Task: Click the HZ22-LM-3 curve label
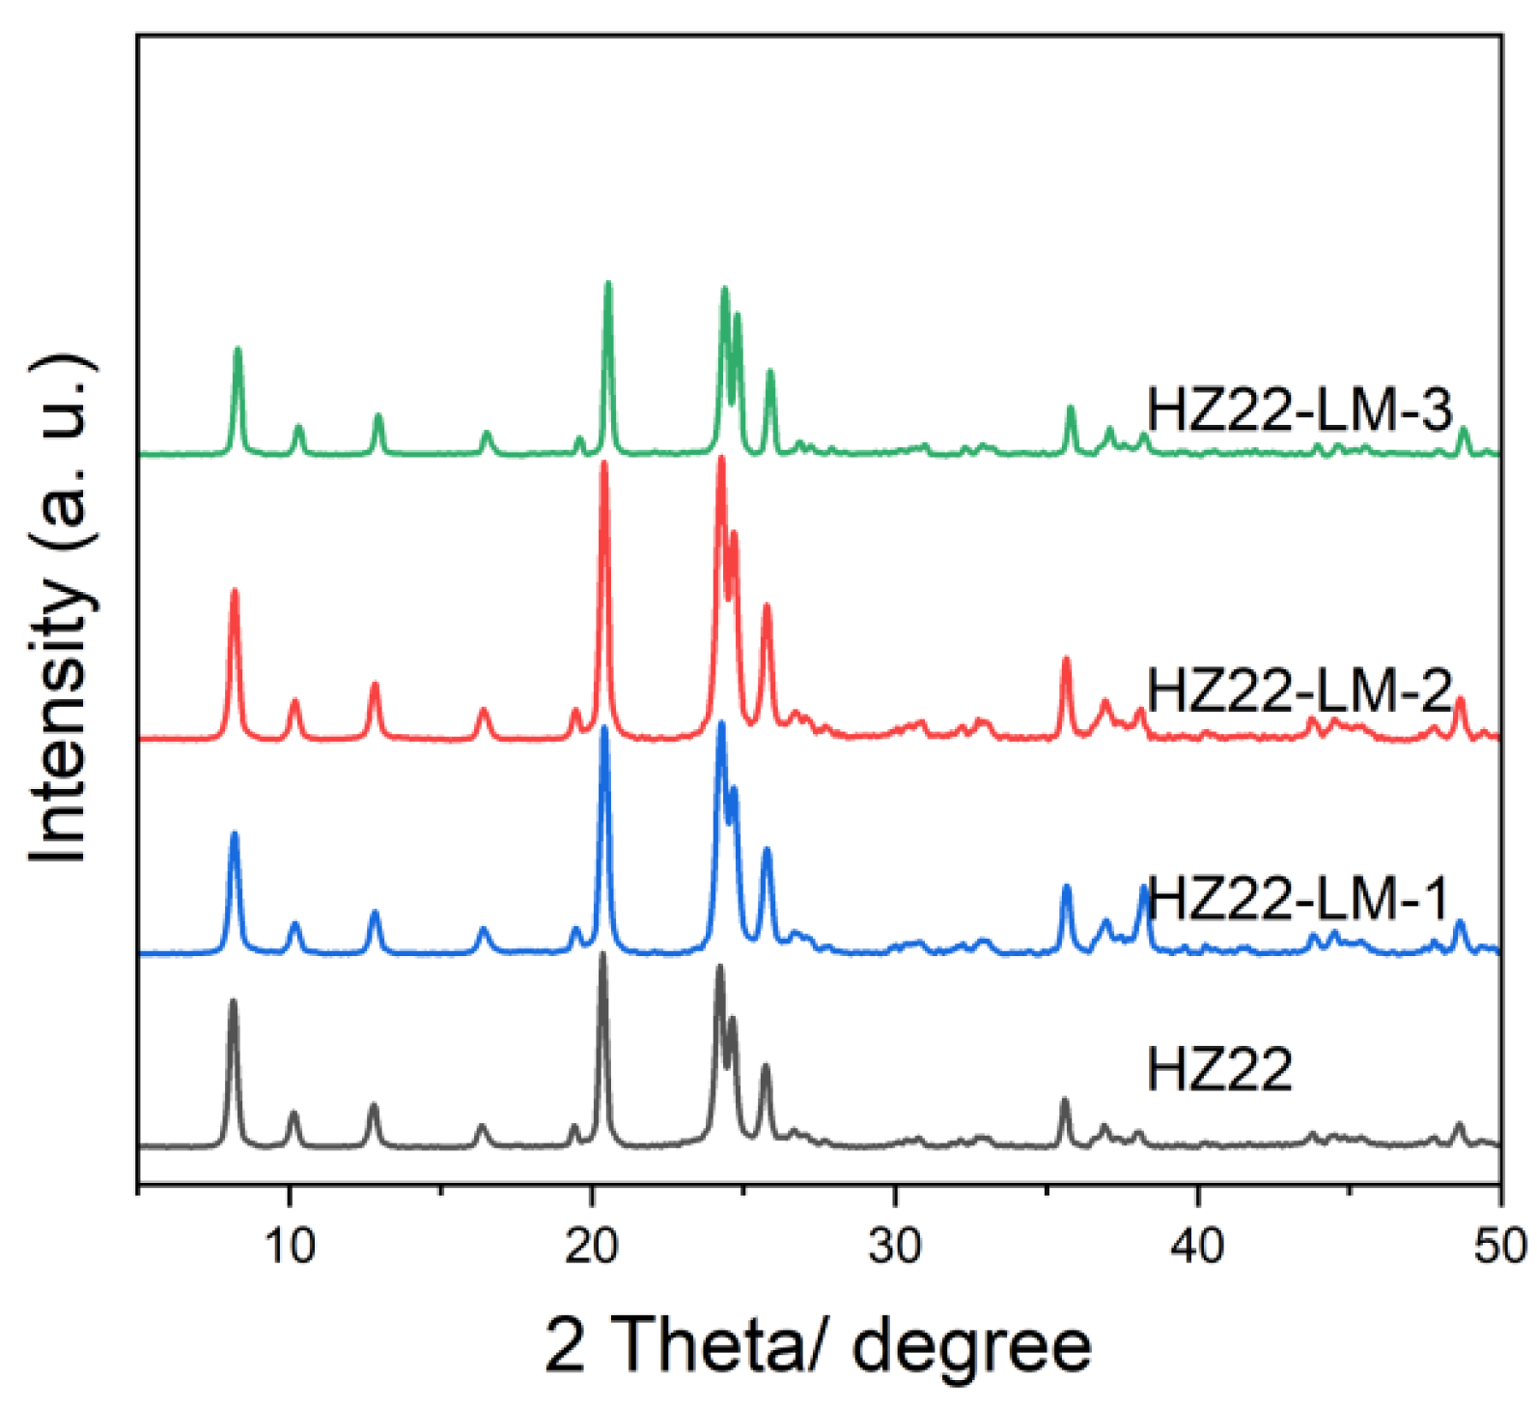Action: point(1299,409)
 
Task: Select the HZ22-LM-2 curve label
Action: point(1299,690)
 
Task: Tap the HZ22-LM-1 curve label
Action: point(1299,898)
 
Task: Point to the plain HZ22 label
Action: point(1218,1070)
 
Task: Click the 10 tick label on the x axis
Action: point(290,1246)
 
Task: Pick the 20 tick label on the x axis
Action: point(592,1246)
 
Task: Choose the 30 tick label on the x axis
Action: point(895,1246)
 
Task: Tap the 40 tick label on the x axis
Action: point(1197,1246)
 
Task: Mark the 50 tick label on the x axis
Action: point(1499,1246)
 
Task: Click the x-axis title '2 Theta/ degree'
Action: point(818,1344)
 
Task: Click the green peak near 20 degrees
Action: point(607,285)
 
